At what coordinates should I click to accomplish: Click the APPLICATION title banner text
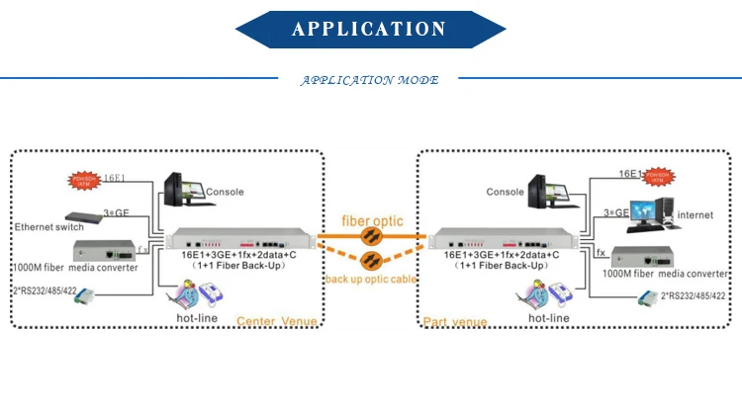[x=369, y=29]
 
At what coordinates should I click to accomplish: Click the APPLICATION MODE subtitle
[x=369, y=80]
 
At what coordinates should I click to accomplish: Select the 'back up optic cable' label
[x=371, y=280]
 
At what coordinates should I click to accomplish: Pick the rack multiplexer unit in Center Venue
[x=242, y=238]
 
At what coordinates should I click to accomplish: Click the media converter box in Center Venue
[x=106, y=251]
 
